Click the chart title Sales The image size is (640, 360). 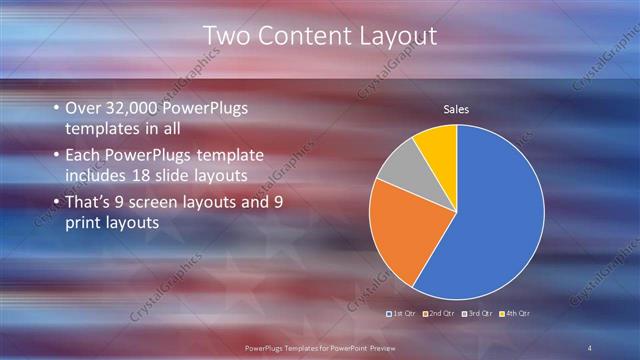(456, 109)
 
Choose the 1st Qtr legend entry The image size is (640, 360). (403, 313)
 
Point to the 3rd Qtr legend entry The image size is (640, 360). (477, 313)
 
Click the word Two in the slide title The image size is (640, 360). (226, 36)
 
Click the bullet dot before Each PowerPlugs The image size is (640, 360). (56, 156)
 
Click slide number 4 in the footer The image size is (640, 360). (589, 346)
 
